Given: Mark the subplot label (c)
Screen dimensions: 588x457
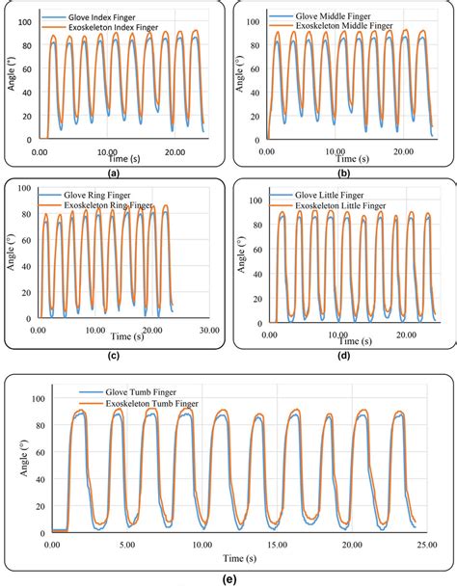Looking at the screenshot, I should (114, 356).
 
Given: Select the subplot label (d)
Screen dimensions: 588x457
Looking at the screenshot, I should (345, 356).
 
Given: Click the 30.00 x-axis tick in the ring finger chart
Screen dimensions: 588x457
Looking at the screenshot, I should (208, 331).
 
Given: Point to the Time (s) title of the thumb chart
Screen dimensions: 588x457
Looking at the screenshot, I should (238, 558).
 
